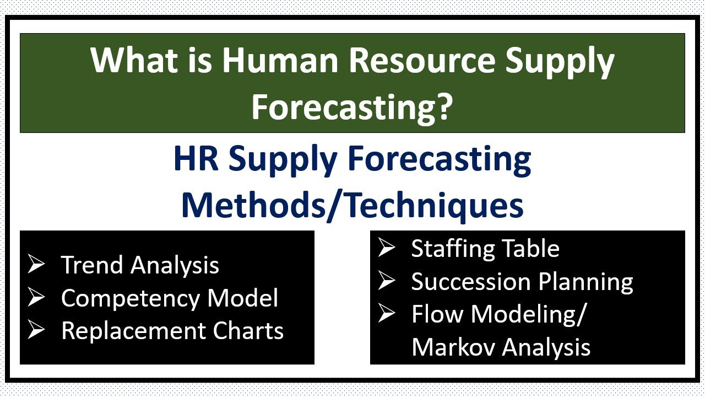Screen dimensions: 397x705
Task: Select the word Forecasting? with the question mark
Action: [352, 106]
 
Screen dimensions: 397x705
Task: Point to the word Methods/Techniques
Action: [352, 205]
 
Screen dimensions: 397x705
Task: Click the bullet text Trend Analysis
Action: [140, 265]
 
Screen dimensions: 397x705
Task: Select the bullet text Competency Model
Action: [170, 298]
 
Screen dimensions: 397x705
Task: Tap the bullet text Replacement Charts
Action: [172, 331]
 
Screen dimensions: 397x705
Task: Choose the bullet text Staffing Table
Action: [485, 249]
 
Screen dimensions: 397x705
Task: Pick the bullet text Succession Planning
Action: [522, 282]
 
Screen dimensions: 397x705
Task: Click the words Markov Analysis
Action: [501, 347]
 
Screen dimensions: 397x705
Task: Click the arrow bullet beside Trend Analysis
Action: [36, 265]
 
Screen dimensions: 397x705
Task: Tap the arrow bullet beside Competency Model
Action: [36, 298]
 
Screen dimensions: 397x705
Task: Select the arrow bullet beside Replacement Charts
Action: [36, 331]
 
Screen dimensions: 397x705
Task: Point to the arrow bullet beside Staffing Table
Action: [387, 249]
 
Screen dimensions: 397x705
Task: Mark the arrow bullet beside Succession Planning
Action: [387, 282]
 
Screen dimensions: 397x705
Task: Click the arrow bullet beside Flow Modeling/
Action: [387, 314]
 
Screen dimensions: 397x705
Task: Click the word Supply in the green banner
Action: [560, 61]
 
